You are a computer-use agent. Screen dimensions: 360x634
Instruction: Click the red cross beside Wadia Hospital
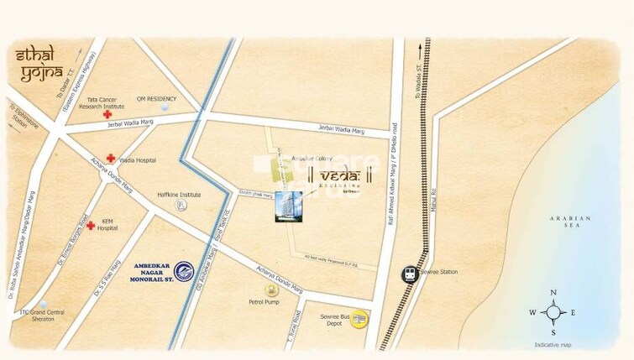click(110, 158)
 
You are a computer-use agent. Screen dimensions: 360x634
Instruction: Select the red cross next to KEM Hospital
click(91, 225)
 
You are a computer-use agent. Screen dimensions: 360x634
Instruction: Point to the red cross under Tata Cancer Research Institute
click(107, 114)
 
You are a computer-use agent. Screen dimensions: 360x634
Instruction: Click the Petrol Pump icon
click(270, 290)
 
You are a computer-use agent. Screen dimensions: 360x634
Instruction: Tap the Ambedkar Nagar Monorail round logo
click(183, 270)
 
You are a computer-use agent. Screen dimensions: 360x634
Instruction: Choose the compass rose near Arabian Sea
click(553, 312)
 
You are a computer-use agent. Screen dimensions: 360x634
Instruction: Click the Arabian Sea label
click(571, 222)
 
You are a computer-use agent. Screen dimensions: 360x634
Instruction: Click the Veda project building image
click(288, 206)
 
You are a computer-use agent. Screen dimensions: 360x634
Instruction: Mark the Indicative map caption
click(553, 345)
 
